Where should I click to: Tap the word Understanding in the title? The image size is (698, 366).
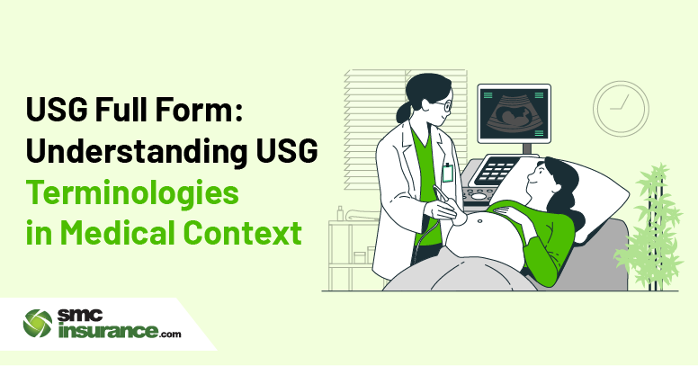point(136,151)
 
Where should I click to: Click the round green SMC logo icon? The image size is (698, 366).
point(38,324)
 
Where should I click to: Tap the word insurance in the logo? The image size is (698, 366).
point(108,331)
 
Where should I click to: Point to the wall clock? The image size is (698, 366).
point(621,108)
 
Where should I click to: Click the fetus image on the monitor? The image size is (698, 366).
point(514,115)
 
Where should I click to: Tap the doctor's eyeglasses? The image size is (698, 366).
point(445,106)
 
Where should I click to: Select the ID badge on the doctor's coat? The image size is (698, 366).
point(448,173)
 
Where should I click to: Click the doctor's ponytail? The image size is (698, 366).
point(404,112)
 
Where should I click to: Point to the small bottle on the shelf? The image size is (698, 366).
point(341,213)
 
